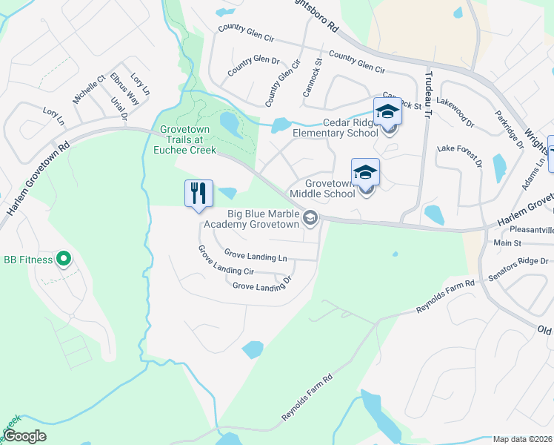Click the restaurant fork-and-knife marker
click(198, 194)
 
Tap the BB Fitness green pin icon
click(64, 260)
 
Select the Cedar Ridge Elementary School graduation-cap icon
click(387, 112)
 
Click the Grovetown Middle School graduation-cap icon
click(364, 173)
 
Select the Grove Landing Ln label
click(256, 257)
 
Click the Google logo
click(24, 436)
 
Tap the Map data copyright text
click(522, 439)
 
